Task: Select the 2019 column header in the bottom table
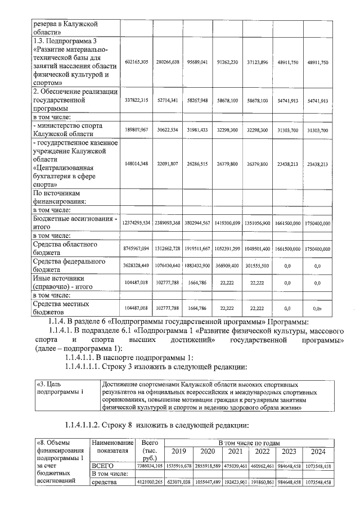click(x=178, y=451)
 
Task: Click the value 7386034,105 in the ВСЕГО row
click(x=150, y=466)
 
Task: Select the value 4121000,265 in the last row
click(x=150, y=483)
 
